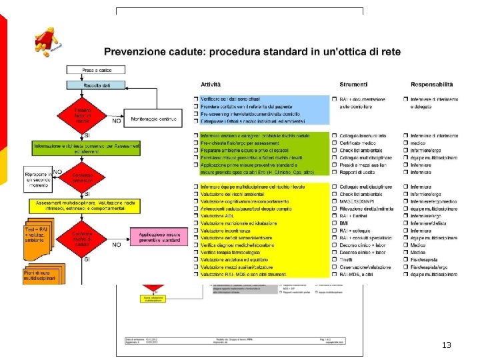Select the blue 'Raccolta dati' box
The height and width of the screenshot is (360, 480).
pyautogui.click(x=92, y=85)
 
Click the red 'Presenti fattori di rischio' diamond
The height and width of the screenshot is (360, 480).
pyautogui.click(x=82, y=115)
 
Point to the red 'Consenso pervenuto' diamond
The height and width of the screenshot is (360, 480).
pyautogui.click(x=82, y=177)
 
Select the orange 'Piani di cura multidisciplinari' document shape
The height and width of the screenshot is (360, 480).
pyautogui.click(x=43, y=275)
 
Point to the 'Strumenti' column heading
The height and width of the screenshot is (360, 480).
pyautogui.click(x=353, y=85)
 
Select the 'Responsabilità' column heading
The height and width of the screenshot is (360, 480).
pyautogui.click(x=431, y=85)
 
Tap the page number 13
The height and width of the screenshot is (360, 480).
pyautogui.click(x=446, y=345)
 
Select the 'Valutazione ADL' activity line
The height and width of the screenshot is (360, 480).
pyautogui.click(x=220, y=216)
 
